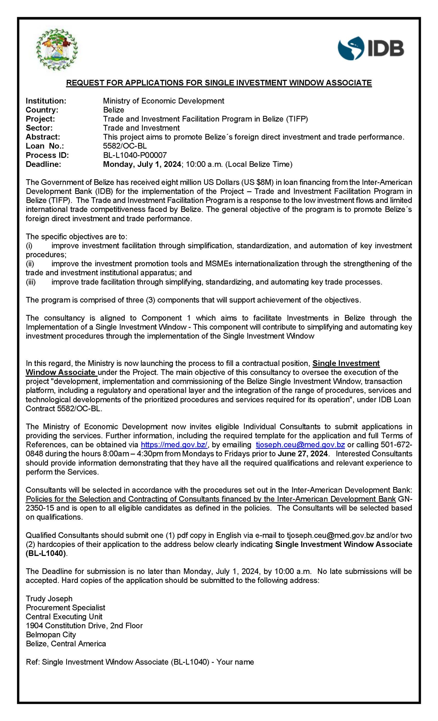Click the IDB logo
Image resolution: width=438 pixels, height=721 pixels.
(x=371, y=48)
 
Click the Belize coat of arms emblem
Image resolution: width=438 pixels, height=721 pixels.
(x=57, y=49)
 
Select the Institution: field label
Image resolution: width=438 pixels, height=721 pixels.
(x=46, y=101)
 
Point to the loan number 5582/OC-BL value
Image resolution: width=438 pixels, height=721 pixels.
(x=125, y=146)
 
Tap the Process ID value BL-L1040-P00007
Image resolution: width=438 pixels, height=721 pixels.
(x=135, y=155)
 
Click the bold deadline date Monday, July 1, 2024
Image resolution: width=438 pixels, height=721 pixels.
(x=142, y=164)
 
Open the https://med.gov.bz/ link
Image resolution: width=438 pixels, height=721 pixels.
(x=174, y=445)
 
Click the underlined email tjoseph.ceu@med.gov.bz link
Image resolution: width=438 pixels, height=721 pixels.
(x=300, y=445)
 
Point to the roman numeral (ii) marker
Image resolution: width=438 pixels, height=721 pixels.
(x=30, y=264)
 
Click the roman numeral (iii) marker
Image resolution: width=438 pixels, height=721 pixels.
(x=30, y=282)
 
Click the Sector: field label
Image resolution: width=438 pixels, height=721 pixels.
(x=39, y=128)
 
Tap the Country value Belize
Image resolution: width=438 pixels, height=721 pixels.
(x=114, y=110)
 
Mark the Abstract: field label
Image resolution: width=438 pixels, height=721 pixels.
(x=43, y=137)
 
